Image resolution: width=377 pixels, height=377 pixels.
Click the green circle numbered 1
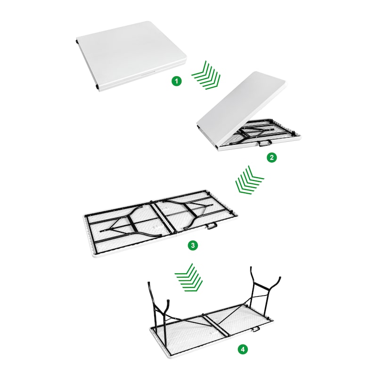point(177,81)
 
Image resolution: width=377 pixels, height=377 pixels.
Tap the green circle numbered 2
point(272,157)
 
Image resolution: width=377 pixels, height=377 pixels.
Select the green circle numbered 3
point(193,246)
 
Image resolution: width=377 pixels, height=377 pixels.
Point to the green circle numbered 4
point(243,349)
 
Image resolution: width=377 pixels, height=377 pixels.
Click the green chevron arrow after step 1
point(206,76)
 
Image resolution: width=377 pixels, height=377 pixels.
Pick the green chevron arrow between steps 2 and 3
point(249,180)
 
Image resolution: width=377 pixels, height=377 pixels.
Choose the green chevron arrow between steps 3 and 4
point(189,277)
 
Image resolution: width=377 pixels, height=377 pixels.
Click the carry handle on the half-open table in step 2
point(264,143)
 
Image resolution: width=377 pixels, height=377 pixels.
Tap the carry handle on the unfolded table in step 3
point(212,226)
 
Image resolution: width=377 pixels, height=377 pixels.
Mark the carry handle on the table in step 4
point(255,329)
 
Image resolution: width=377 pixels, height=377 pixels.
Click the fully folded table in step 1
point(131,56)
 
